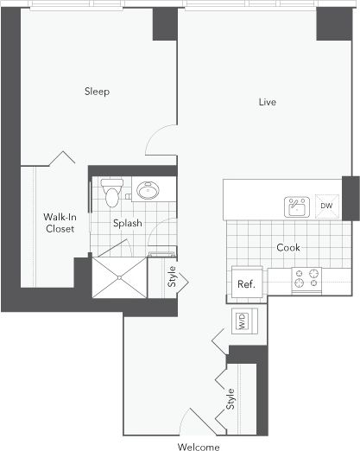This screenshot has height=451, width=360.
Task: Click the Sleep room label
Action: [x=96, y=91]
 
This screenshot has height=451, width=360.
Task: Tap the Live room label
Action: [x=268, y=102]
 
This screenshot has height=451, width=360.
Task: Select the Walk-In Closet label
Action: [x=59, y=223]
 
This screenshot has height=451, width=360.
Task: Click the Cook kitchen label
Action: [x=288, y=247]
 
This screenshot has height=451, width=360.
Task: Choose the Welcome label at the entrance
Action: [x=199, y=447]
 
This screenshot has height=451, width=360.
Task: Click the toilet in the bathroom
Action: [x=111, y=191]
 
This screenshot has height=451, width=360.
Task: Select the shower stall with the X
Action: [x=119, y=274]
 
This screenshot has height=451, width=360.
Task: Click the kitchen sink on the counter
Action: [x=297, y=206]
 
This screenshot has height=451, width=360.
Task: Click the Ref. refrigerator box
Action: [x=246, y=283]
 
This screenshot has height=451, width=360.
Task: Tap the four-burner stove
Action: [x=306, y=279]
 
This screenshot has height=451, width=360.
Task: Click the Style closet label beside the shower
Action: [x=172, y=280]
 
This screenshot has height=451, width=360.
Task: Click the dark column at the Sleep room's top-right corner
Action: [x=164, y=27]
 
